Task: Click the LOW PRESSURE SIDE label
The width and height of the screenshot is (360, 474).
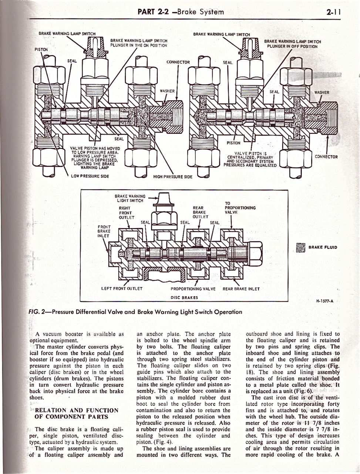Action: (90, 176)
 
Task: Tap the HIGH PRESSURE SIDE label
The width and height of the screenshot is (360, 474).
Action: (173, 177)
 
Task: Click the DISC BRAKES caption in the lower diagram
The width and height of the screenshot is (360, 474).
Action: (184, 297)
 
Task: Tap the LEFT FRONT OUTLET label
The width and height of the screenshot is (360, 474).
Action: (122, 288)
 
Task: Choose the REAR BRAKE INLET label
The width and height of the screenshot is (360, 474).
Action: (241, 289)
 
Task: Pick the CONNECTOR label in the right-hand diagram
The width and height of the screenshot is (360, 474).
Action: (326, 156)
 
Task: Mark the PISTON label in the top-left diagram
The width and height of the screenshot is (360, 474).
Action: (41, 49)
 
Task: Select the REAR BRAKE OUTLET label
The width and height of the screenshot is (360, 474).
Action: (201, 213)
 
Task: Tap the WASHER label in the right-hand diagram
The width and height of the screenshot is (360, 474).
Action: (321, 92)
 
